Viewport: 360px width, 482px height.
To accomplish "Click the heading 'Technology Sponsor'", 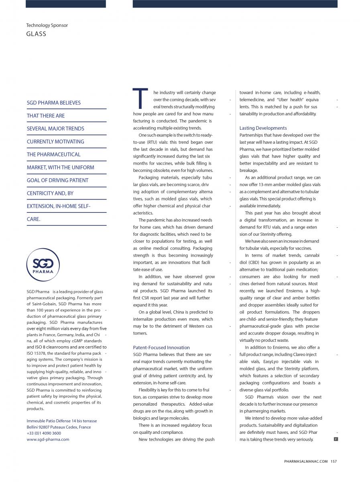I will pos(47,25).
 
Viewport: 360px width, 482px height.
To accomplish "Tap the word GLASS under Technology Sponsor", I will pos(36,34).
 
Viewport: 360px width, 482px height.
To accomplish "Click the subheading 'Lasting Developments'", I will pos(263,128).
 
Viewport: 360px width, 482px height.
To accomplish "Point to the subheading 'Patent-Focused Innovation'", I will pos(161,347).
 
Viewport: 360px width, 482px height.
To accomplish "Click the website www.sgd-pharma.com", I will pos(48,439).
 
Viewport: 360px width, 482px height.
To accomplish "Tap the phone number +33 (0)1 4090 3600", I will pos(44,433).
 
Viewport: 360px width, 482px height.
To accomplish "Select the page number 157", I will pos(334,461).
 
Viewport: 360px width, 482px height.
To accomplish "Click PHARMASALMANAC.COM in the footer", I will pos(306,461).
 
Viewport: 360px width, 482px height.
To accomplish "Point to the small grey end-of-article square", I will pos(336,439).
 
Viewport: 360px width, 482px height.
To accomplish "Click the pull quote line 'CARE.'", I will pos(34,219).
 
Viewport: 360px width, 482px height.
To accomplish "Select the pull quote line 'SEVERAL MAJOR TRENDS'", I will pos(55,129).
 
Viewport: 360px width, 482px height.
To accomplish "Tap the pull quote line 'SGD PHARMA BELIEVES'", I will pos(53,103).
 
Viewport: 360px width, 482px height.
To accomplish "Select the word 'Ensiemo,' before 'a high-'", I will pos(296,291).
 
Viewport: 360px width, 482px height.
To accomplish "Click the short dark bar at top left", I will pos(66,4).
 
